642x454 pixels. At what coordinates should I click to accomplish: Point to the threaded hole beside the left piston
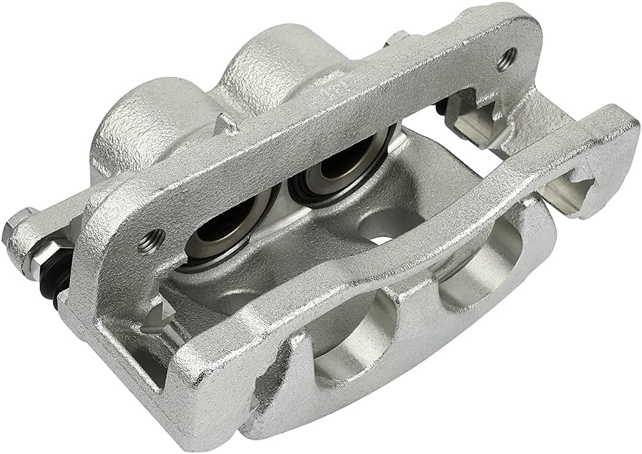pyautogui.click(x=152, y=241)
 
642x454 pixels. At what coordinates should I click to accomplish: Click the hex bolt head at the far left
pyautogui.click(x=15, y=227)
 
